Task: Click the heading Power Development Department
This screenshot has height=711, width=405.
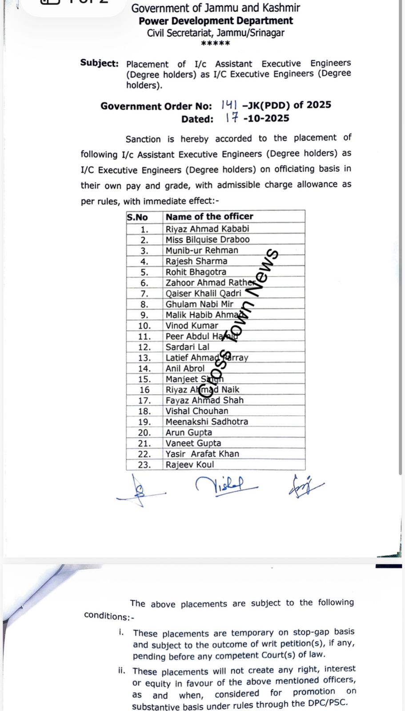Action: (x=216, y=21)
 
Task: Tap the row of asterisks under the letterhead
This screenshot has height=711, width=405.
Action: (x=216, y=44)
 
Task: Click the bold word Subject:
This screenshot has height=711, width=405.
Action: (x=100, y=63)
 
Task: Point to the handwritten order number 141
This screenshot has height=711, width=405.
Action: (x=229, y=105)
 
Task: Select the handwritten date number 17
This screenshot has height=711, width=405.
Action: (x=232, y=118)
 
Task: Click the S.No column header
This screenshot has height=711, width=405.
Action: (x=137, y=217)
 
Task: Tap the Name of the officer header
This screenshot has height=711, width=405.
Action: (x=209, y=216)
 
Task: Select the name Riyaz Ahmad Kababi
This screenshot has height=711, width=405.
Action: (x=207, y=229)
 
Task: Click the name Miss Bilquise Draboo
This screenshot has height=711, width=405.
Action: (x=208, y=240)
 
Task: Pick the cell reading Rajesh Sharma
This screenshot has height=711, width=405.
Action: (x=196, y=261)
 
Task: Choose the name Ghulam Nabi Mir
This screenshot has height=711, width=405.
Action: (x=200, y=304)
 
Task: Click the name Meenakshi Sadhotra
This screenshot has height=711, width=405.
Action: (x=207, y=422)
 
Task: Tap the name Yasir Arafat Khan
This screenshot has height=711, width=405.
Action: (x=202, y=454)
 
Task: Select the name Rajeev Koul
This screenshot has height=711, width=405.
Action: (x=190, y=464)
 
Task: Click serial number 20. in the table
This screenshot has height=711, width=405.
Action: (x=144, y=433)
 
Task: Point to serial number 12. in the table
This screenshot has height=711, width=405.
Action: (x=144, y=347)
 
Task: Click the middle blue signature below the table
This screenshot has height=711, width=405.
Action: (x=225, y=485)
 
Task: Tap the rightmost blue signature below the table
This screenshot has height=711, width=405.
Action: (x=305, y=486)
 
